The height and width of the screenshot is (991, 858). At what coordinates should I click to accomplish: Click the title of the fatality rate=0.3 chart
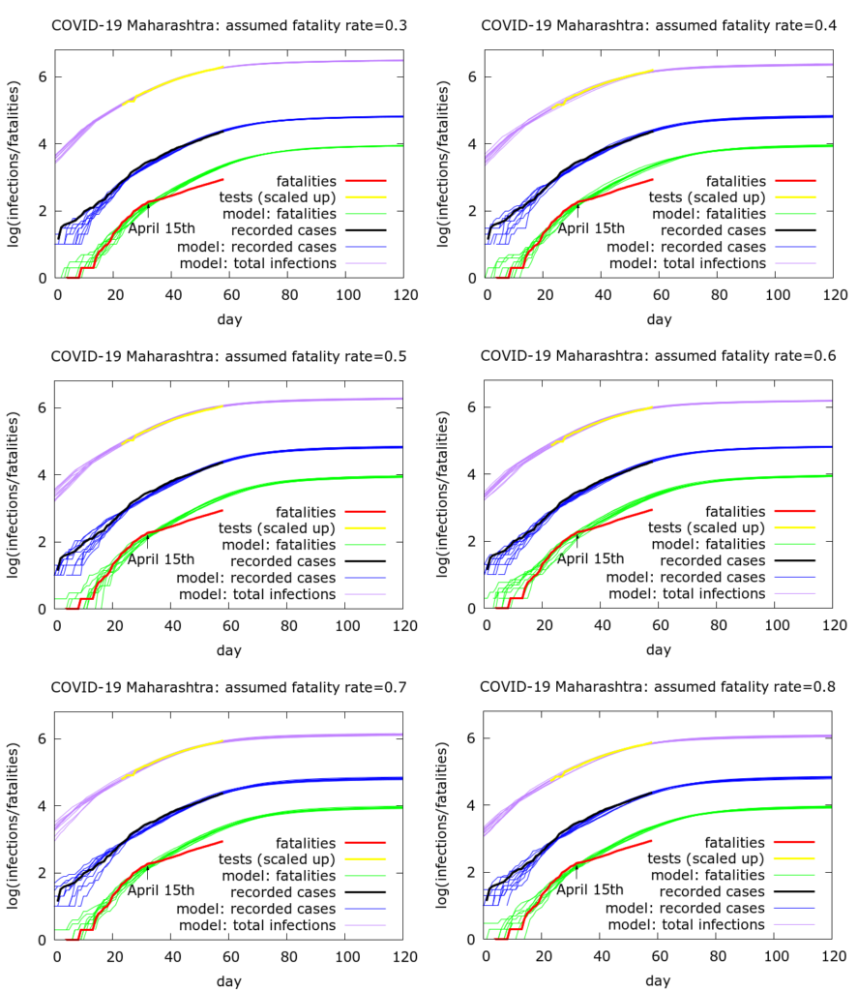(228, 25)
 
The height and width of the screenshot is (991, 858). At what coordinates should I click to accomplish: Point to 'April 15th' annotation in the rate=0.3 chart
(161, 227)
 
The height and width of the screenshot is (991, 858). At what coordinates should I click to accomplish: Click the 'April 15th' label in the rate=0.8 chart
(590, 889)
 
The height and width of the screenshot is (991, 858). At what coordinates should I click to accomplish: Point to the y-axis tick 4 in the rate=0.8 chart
(471, 805)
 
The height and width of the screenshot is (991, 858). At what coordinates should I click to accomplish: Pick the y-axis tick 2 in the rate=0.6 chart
(471, 542)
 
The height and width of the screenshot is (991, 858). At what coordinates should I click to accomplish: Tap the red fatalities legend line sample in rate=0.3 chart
(366, 180)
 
